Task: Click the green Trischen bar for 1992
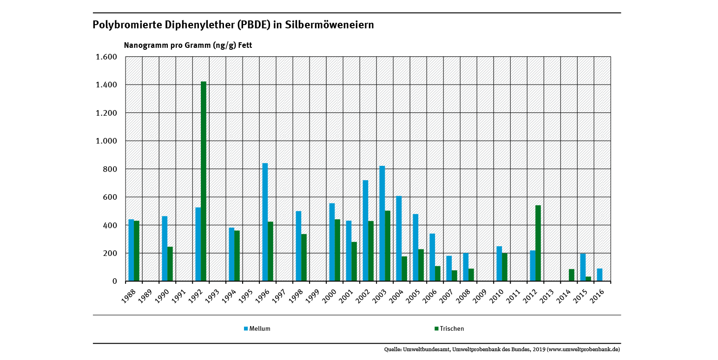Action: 204,181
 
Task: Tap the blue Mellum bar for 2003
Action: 382,223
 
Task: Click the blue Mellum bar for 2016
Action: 599,275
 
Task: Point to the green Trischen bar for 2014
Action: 572,275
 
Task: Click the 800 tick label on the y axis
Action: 110,169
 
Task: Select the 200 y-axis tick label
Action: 110,253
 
